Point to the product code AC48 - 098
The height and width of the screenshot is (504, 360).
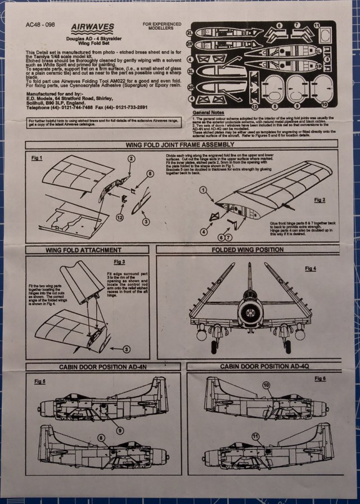pyautogui.click(x=40, y=25)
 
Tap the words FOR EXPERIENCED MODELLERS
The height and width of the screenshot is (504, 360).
pyautogui.click(x=161, y=27)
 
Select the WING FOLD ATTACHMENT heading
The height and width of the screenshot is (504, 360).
pyautogui.click(x=85, y=250)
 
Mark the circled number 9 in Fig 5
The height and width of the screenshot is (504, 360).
pyautogui.click(x=119, y=430)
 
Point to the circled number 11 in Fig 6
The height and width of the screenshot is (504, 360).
pyautogui.click(x=255, y=451)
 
